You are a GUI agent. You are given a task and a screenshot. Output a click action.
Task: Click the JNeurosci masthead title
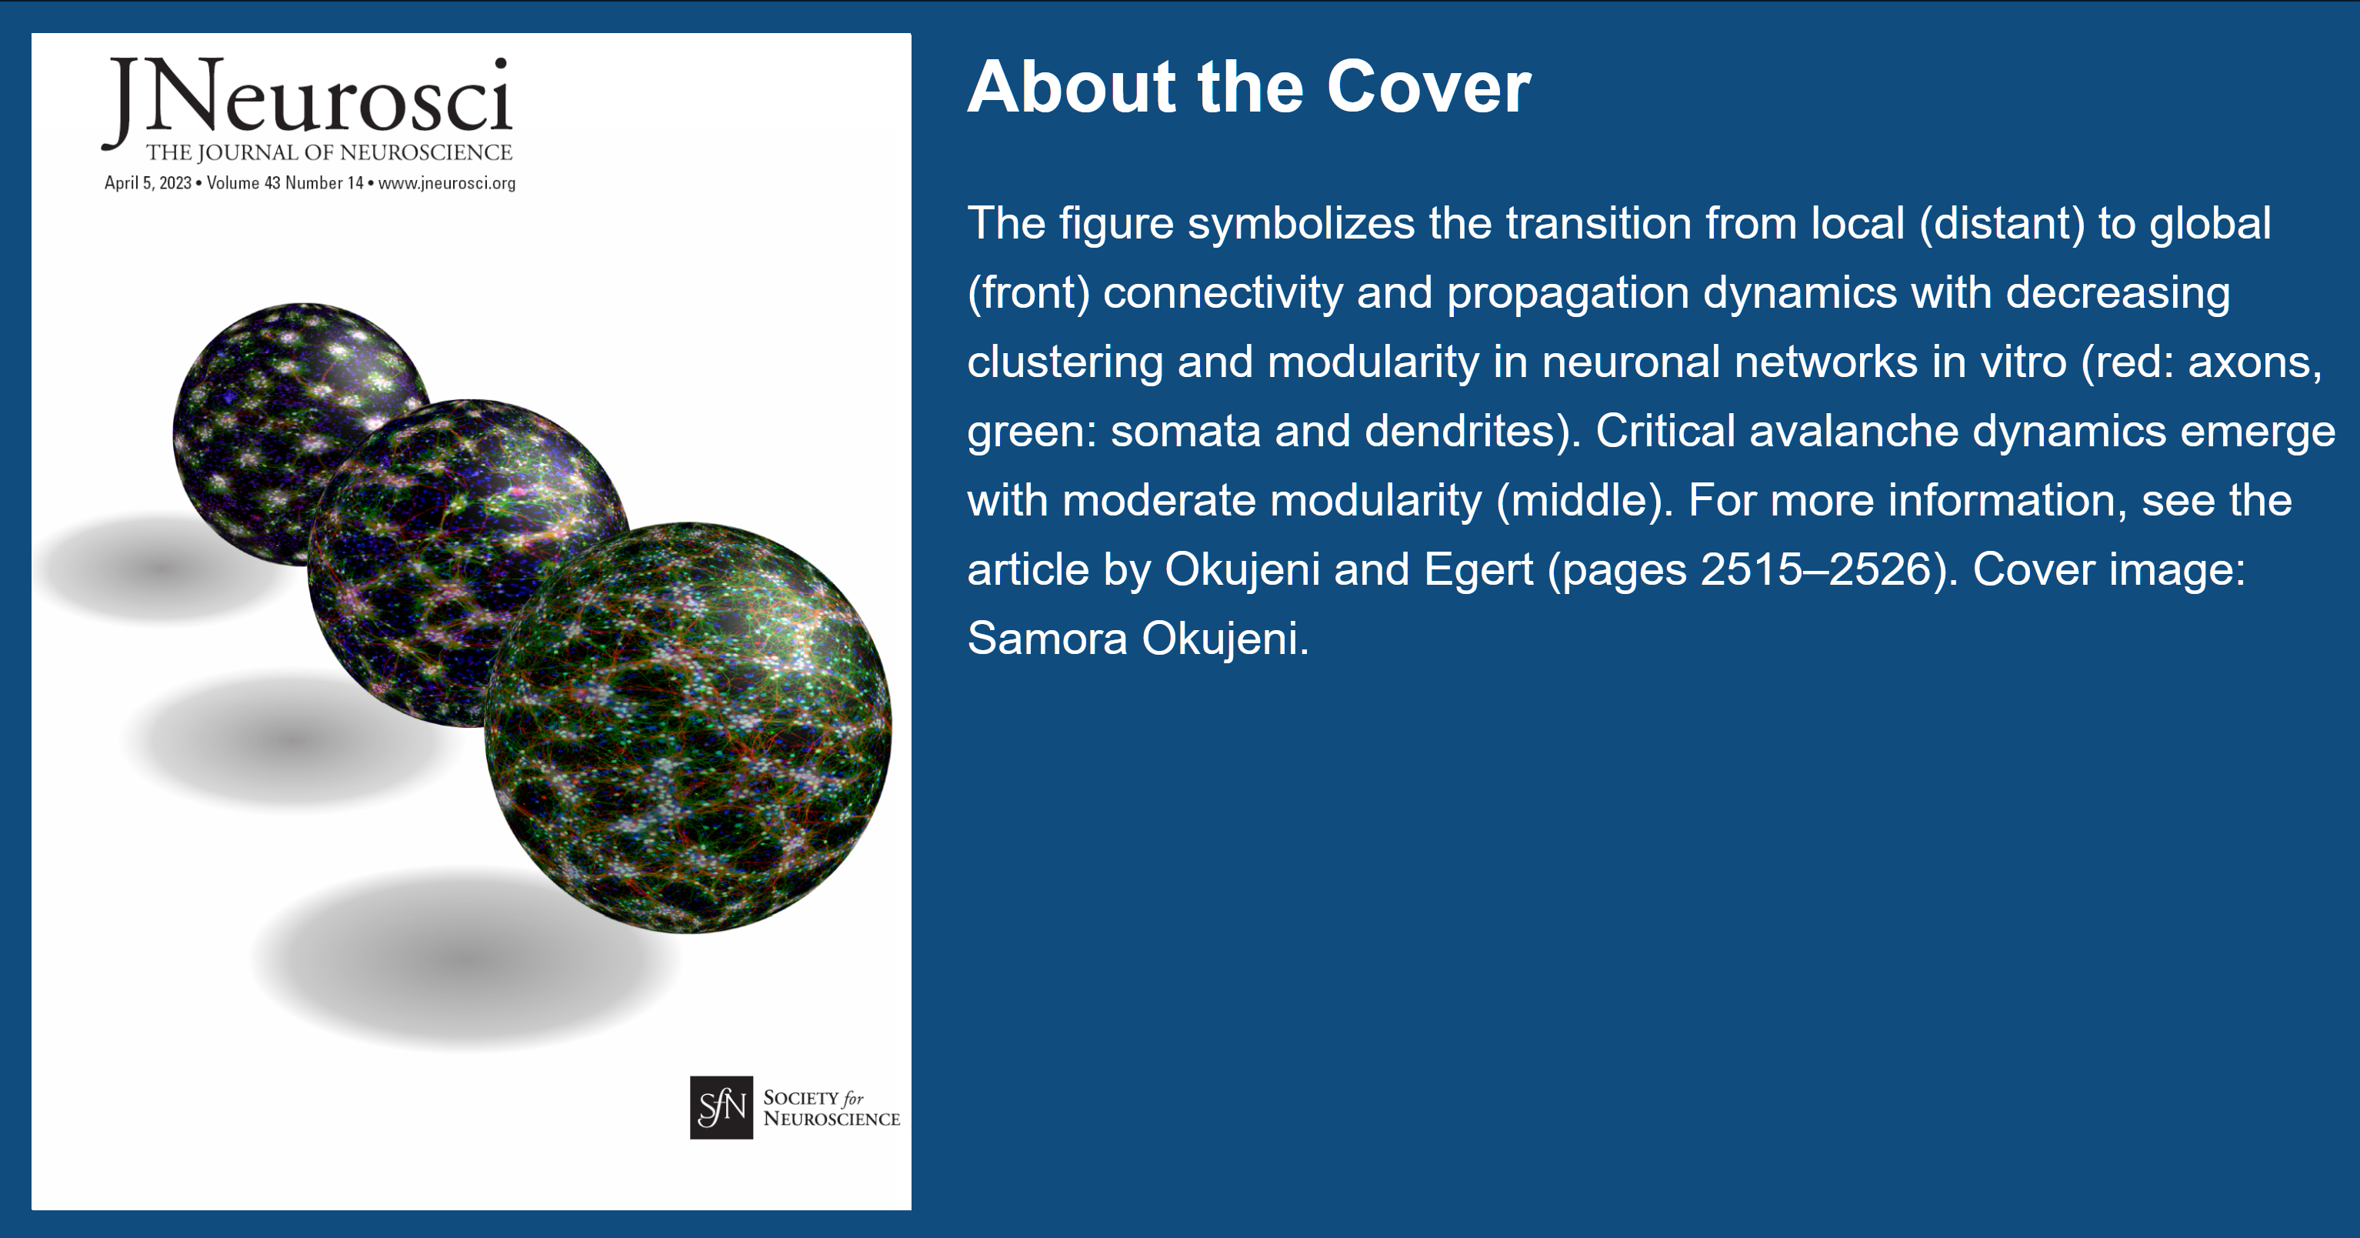[307, 99]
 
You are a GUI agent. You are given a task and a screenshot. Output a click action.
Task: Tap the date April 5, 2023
[148, 183]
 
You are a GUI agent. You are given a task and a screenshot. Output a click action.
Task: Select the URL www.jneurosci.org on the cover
[447, 183]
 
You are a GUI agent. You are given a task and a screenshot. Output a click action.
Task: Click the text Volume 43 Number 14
[285, 183]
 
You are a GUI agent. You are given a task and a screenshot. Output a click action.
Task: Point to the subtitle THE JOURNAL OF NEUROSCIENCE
[329, 152]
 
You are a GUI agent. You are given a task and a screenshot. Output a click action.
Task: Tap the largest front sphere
[688, 729]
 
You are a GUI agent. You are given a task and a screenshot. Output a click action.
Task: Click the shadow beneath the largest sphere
[466, 959]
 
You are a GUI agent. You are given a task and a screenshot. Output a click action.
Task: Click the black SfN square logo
[721, 1108]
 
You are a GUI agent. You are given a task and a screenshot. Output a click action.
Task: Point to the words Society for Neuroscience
[831, 1108]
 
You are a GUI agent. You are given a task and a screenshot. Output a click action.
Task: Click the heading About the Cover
[1248, 87]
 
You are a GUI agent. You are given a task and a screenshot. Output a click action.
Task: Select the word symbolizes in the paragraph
[1301, 225]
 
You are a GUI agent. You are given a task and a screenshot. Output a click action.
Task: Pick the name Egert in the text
[1478, 569]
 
